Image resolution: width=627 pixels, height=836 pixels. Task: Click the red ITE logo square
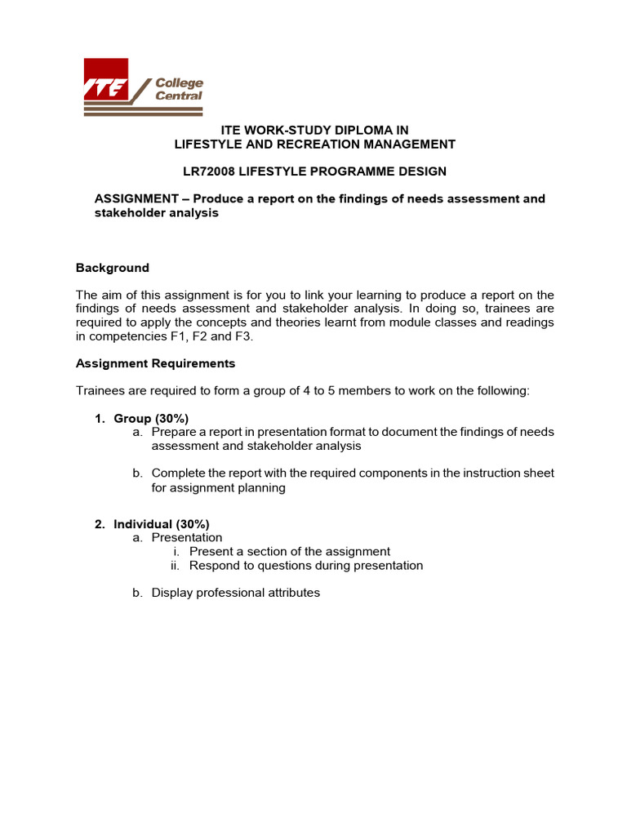pyautogui.click(x=105, y=79)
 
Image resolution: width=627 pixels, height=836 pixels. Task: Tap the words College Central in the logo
pyautogui.click(x=179, y=89)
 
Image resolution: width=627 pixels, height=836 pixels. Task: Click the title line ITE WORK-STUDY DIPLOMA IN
pyautogui.click(x=315, y=130)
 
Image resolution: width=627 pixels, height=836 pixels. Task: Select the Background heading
pyautogui.click(x=113, y=268)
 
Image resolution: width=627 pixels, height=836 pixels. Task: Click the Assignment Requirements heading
pyautogui.click(x=155, y=363)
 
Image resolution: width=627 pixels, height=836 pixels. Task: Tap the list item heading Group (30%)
pyautogui.click(x=151, y=419)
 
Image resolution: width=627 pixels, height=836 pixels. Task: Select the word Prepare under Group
pyautogui.click(x=175, y=432)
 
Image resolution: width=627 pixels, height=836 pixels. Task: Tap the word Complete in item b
pyautogui.click(x=178, y=474)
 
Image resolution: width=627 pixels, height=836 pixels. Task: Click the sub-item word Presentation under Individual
pyautogui.click(x=187, y=537)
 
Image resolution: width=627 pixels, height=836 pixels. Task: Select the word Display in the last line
pyautogui.click(x=172, y=593)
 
